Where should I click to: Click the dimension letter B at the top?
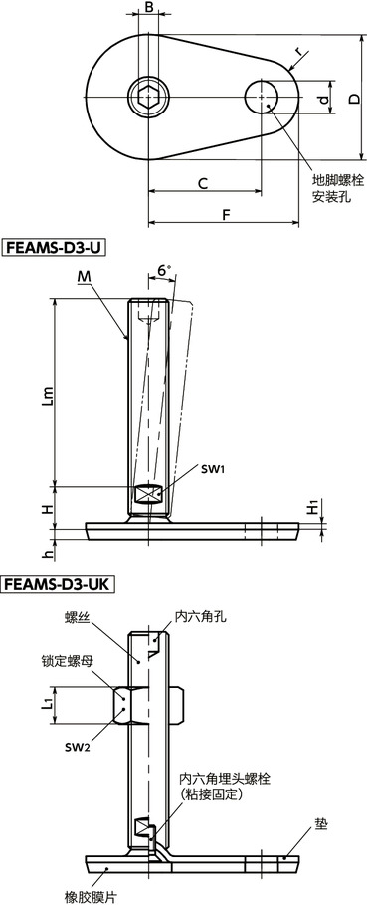click(x=148, y=9)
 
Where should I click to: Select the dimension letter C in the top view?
click(x=202, y=182)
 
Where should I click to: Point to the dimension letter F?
click(x=226, y=214)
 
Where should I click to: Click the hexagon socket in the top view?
click(x=147, y=99)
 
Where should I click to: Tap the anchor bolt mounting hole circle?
click(x=265, y=98)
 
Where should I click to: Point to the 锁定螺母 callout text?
click(x=66, y=660)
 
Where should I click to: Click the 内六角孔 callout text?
click(x=202, y=616)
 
